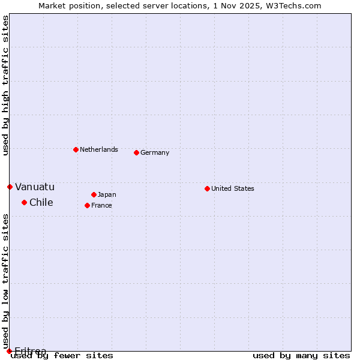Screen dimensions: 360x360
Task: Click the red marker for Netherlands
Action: point(76,149)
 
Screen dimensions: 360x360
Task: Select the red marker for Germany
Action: point(136,152)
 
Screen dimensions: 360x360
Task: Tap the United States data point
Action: point(207,188)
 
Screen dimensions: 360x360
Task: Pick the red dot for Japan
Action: point(94,194)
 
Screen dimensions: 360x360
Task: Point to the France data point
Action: point(87,205)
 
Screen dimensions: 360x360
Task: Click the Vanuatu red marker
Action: point(10,187)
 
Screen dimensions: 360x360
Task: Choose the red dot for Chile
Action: point(24,202)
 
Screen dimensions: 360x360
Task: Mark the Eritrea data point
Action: point(9,351)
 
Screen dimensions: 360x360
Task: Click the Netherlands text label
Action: point(99,149)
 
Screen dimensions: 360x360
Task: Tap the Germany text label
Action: point(155,152)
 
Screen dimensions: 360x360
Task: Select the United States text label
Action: point(233,188)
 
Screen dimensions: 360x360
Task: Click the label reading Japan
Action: point(107,194)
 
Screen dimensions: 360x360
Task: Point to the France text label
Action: point(101,205)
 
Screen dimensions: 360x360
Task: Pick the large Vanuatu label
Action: point(35,187)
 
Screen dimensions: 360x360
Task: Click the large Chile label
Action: point(41,202)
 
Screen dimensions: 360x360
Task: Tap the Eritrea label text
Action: point(31,350)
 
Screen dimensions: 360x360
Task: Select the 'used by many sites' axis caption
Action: point(301,355)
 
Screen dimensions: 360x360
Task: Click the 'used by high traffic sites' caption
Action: point(5,85)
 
